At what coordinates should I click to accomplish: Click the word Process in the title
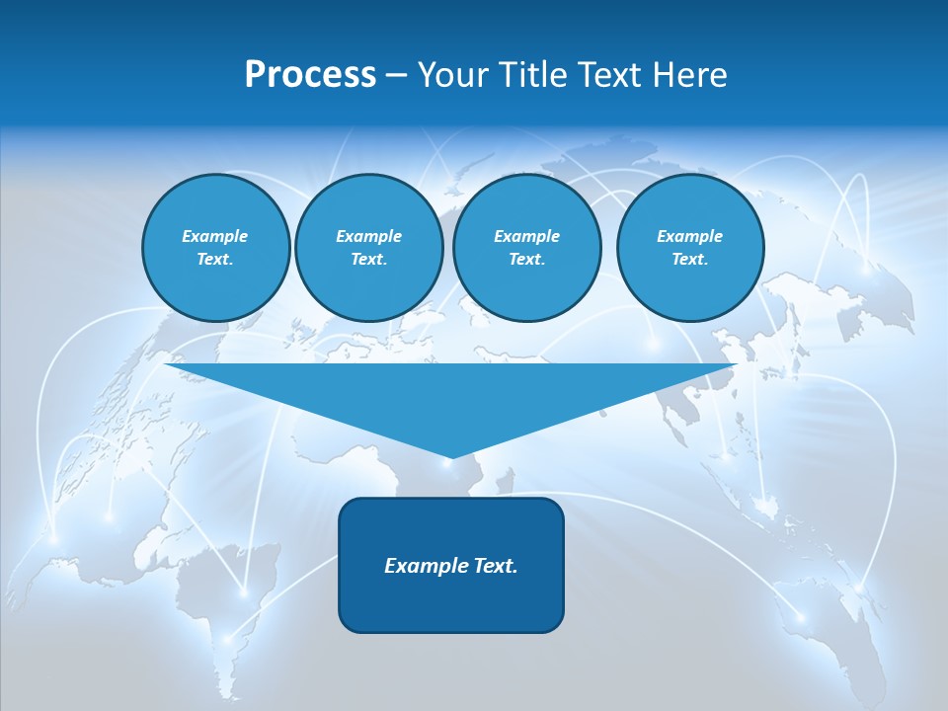tap(310, 75)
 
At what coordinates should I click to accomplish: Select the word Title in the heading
tap(531, 75)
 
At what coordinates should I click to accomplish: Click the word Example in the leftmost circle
tap(215, 236)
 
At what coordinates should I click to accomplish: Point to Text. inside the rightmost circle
tap(690, 260)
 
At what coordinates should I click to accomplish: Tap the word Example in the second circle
tap(368, 236)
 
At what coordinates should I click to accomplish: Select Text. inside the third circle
tap(526, 260)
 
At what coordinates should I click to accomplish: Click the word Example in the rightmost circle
tap(690, 236)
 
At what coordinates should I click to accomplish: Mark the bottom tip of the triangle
tap(450, 457)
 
